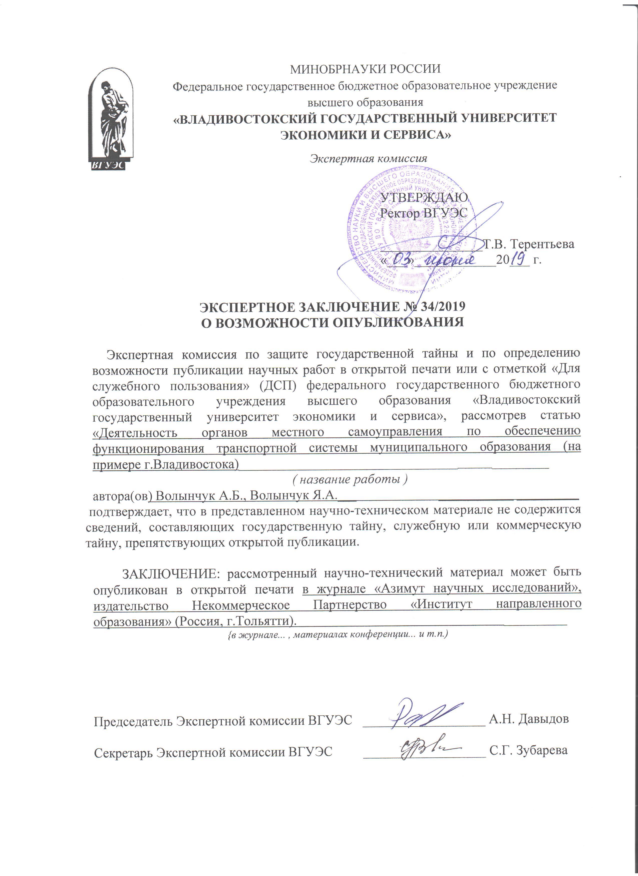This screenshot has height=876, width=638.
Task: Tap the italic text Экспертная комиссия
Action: pyautogui.click(x=369, y=158)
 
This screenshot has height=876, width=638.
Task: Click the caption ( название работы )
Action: pyautogui.click(x=350, y=479)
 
